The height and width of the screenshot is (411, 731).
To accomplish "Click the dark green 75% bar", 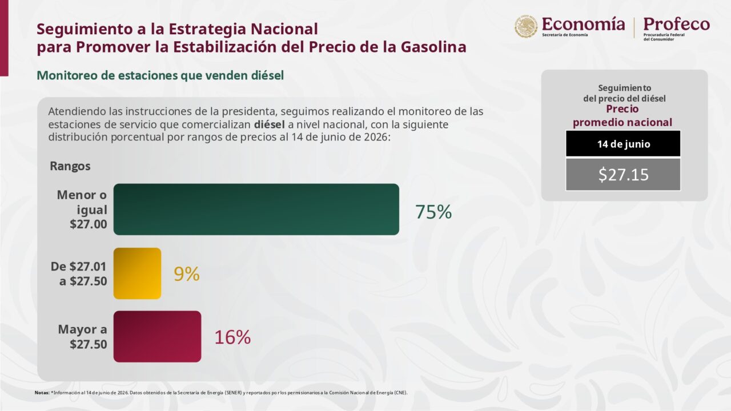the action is click(x=256, y=209).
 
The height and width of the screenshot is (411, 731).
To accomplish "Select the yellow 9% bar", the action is click(x=138, y=273).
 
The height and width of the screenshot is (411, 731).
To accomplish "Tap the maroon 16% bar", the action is click(x=157, y=336).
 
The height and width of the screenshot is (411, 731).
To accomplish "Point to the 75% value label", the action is click(x=433, y=212).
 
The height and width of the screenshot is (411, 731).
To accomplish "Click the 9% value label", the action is click(x=186, y=274).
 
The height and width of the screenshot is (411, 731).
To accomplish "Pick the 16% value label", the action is click(x=232, y=337).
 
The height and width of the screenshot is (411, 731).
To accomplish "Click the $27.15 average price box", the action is click(x=623, y=175).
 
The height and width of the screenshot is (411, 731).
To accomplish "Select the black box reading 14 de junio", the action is click(x=623, y=143).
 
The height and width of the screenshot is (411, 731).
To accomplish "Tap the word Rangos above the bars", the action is click(x=70, y=166).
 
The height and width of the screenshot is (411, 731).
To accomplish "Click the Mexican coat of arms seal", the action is click(x=526, y=26).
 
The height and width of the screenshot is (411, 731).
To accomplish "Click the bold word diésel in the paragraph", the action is click(x=269, y=124).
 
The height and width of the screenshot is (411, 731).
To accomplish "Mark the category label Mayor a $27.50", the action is click(x=82, y=337).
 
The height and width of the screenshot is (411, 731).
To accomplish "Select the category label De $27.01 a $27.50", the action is click(x=79, y=273).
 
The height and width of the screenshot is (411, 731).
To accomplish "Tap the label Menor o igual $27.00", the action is click(x=82, y=209).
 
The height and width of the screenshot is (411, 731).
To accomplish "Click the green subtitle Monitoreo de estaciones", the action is click(x=160, y=75).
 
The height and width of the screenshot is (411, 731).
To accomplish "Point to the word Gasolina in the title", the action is click(x=433, y=47).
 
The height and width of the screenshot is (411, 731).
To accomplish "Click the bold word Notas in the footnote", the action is click(x=42, y=393).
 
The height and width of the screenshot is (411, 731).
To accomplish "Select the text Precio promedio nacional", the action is click(x=622, y=115).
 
